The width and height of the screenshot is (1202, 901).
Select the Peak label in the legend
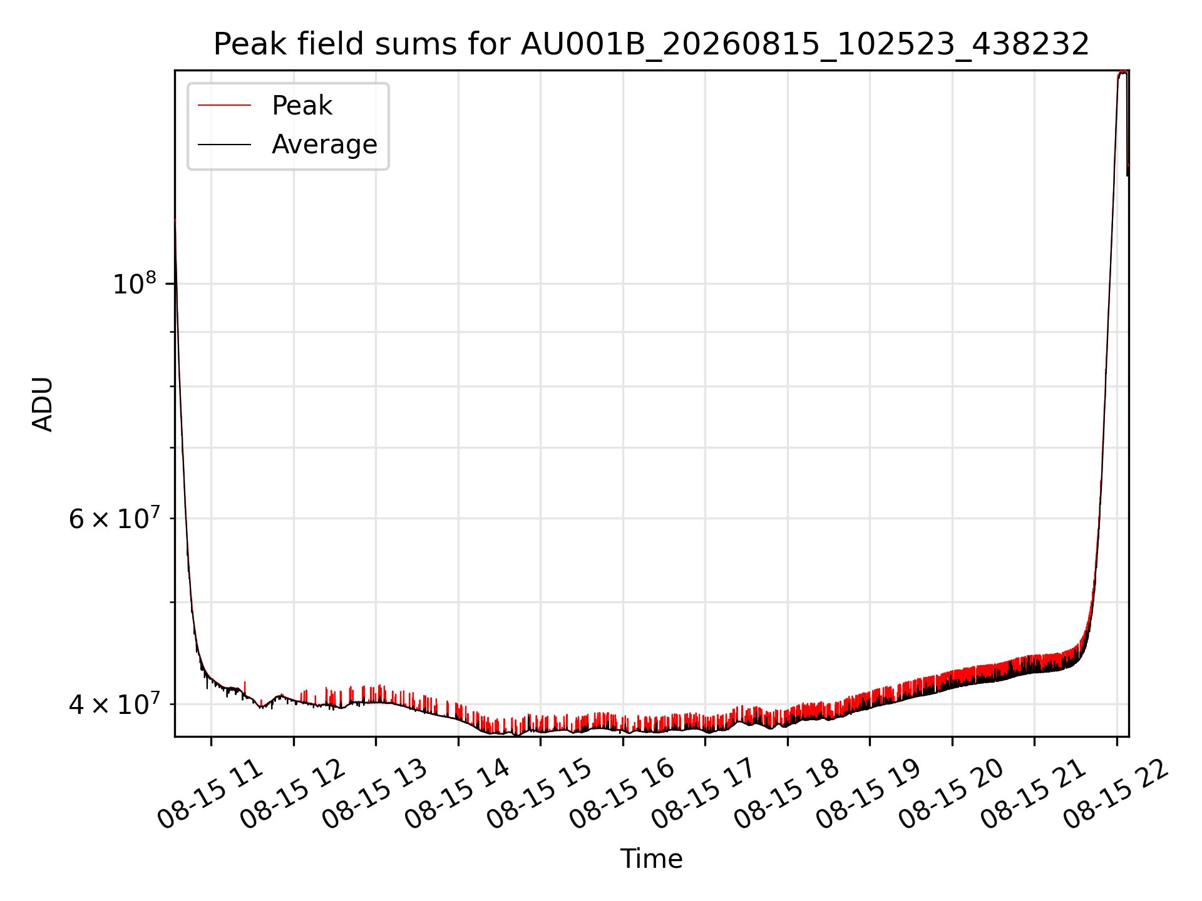pos(302,106)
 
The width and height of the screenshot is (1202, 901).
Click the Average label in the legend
pos(324,145)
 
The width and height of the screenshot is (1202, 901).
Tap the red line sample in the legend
pos(224,106)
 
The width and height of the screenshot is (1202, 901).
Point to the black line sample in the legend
pos(224,145)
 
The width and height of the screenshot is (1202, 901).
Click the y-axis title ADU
pos(43,404)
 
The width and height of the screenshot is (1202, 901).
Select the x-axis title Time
pos(651,859)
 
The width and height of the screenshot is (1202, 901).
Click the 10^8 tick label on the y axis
pos(134,283)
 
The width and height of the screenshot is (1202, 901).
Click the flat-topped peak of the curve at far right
pos(1122,73)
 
